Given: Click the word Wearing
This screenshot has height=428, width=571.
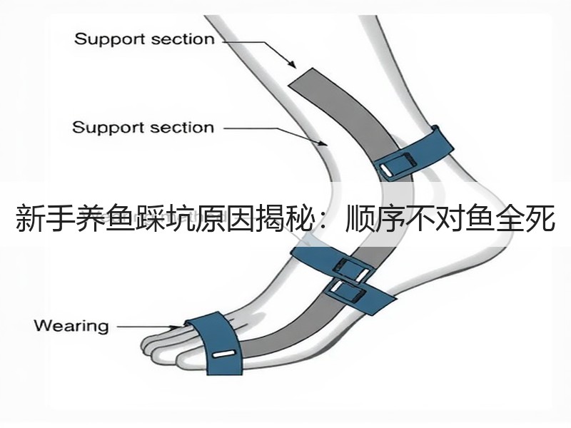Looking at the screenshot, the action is click(x=71, y=326).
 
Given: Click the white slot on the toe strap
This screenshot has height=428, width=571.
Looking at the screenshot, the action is click(x=224, y=354).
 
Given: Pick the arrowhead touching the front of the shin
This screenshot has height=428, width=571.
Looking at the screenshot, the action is click(x=323, y=143).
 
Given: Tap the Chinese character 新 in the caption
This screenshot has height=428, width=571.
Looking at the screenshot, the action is click(x=30, y=218).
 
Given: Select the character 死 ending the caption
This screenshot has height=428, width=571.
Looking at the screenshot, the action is click(x=540, y=218).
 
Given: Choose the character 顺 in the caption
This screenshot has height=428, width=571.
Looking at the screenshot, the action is click(x=360, y=218).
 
